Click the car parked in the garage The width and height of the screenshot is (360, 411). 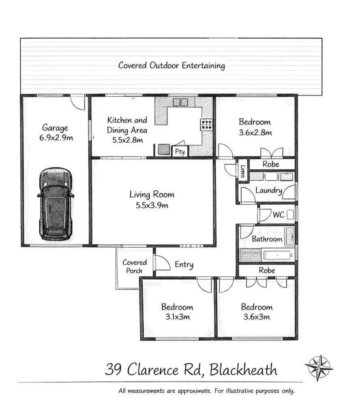coord(56,204)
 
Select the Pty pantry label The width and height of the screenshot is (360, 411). coord(180,152)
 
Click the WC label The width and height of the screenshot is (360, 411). coord(278,214)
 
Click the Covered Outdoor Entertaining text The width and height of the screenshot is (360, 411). coord(171,65)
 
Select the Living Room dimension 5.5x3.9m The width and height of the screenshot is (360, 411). coord(152,205)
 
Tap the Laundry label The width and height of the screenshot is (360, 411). coord(268,190)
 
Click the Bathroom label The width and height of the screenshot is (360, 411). coord(267,239)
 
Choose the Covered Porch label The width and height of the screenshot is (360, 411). coord(134,266)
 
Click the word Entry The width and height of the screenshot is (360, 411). coord(184,265)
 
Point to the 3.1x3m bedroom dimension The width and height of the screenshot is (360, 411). coord(177,317)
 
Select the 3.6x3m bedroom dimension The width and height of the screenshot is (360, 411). coord(257,317)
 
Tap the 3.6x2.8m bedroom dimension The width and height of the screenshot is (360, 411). coord(255,132)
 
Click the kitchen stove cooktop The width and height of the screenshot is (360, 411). coord(206,124)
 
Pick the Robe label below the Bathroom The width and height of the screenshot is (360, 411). coord(267,270)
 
